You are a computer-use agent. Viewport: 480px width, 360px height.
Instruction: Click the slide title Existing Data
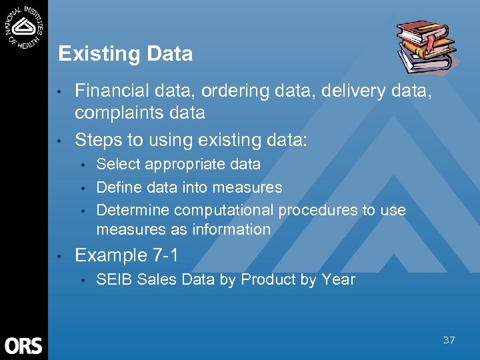click(x=125, y=54)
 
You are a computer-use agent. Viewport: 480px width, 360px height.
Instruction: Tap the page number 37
click(x=449, y=340)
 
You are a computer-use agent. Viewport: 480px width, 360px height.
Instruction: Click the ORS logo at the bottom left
click(x=23, y=345)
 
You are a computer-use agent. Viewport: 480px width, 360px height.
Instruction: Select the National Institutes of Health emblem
click(x=24, y=26)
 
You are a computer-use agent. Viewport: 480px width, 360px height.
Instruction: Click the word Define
click(x=118, y=187)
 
